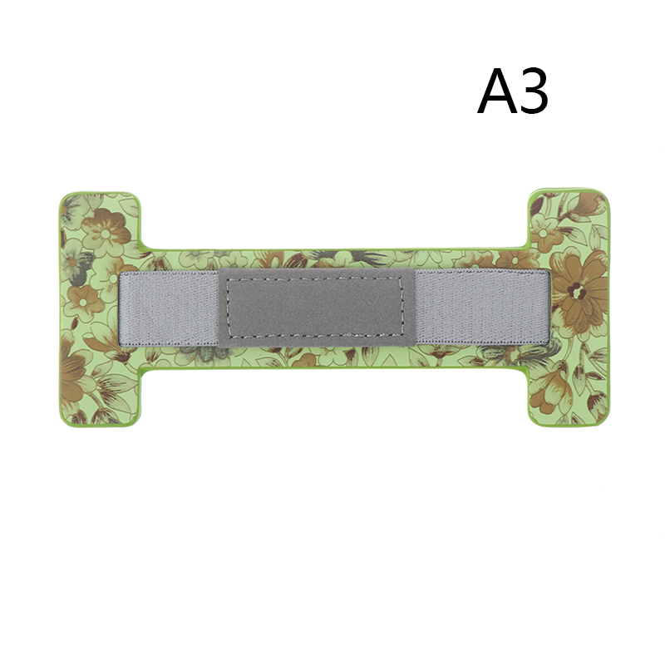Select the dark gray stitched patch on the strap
pyautogui.click(x=315, y=307)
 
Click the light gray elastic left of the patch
pyautogui.click(x=169, y=308)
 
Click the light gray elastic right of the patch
pyautogui.click(x=482, y=307)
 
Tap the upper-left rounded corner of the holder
pyautogui.click(x=64, y=198)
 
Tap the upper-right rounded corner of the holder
pyautogui.click(x=603, y=195)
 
